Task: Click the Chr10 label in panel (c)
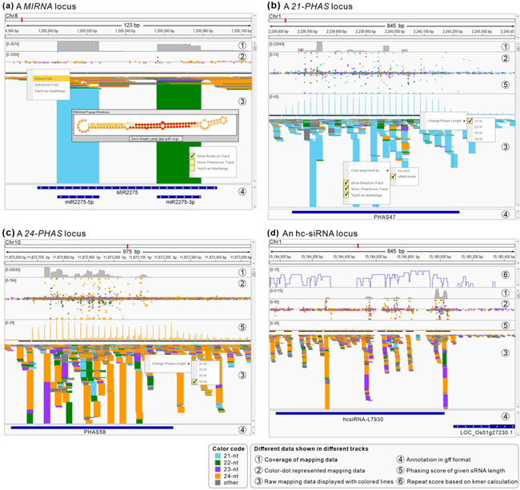pyautogui.click(x=12, y=241)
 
